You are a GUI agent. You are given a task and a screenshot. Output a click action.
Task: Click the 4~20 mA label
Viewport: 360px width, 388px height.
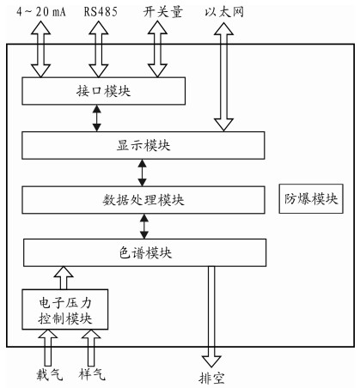[x=41, y=12]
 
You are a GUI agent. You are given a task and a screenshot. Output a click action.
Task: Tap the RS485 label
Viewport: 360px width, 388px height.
[x=101, y=12]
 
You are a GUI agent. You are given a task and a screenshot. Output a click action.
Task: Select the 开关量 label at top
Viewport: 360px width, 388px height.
[x=162, y=12]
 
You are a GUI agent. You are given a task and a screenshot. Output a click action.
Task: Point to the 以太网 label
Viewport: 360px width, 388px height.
[x=224, y=12]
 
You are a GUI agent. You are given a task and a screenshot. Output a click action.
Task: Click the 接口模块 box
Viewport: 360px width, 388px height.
[x=104, y=91]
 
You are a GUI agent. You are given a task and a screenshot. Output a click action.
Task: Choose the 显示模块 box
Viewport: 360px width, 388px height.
[x=143, y=145]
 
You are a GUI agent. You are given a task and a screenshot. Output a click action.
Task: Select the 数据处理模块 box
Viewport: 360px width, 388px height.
[x=143, y=200]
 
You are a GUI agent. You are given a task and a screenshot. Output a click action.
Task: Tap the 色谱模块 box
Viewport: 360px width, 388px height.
[x=145, y=252]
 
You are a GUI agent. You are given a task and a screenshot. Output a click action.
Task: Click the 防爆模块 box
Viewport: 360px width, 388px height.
[x=311, y=198]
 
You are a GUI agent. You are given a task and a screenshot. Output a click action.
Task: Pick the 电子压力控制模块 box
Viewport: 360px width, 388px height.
[x=65, y=309]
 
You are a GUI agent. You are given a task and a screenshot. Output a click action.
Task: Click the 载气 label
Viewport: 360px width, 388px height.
[x=49, y=374]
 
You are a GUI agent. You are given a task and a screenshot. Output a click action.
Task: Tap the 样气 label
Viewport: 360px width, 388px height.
[x=92, y=374]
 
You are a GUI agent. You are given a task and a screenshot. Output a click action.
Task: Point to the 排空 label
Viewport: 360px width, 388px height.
[x=211, y=379]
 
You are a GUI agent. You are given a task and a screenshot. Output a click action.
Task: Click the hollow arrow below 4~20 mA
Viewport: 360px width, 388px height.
[x=41, y=49]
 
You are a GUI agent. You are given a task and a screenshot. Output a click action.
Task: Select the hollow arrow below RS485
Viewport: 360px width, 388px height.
[x=99, y=49]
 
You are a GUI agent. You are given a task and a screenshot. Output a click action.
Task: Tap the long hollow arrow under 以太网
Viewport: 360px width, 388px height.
[x=223, y=77]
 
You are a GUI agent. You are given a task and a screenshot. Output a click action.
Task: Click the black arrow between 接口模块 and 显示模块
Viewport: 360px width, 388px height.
[x=97, y=118]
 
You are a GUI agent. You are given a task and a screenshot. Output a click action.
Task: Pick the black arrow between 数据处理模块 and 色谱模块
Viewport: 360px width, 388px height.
[x=144, y=227]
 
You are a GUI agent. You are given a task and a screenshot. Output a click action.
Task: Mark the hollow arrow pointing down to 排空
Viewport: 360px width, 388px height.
[x=211, y=317]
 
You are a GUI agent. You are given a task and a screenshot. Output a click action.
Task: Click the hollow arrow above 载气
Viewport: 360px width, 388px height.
[x=48, y=348]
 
